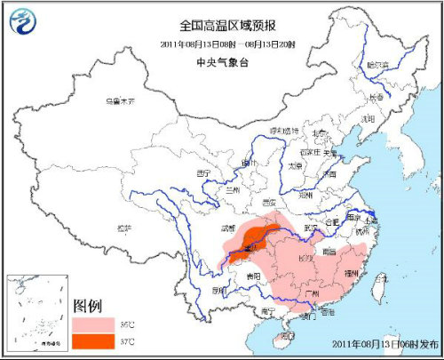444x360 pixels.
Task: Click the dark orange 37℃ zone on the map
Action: (254, 237)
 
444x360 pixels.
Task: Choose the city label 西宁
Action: (204, 172)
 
